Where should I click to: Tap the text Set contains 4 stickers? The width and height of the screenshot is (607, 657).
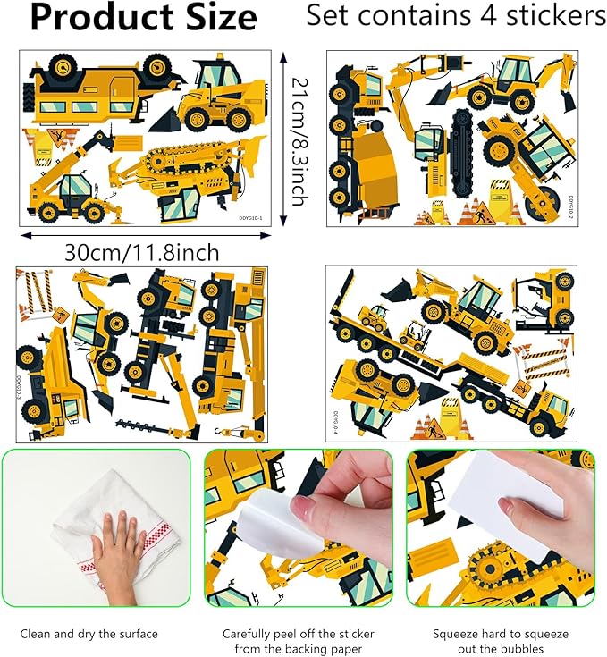point(454,16)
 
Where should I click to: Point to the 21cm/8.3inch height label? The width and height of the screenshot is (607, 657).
point(299,141)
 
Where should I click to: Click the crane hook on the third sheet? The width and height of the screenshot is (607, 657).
point(240,434)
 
